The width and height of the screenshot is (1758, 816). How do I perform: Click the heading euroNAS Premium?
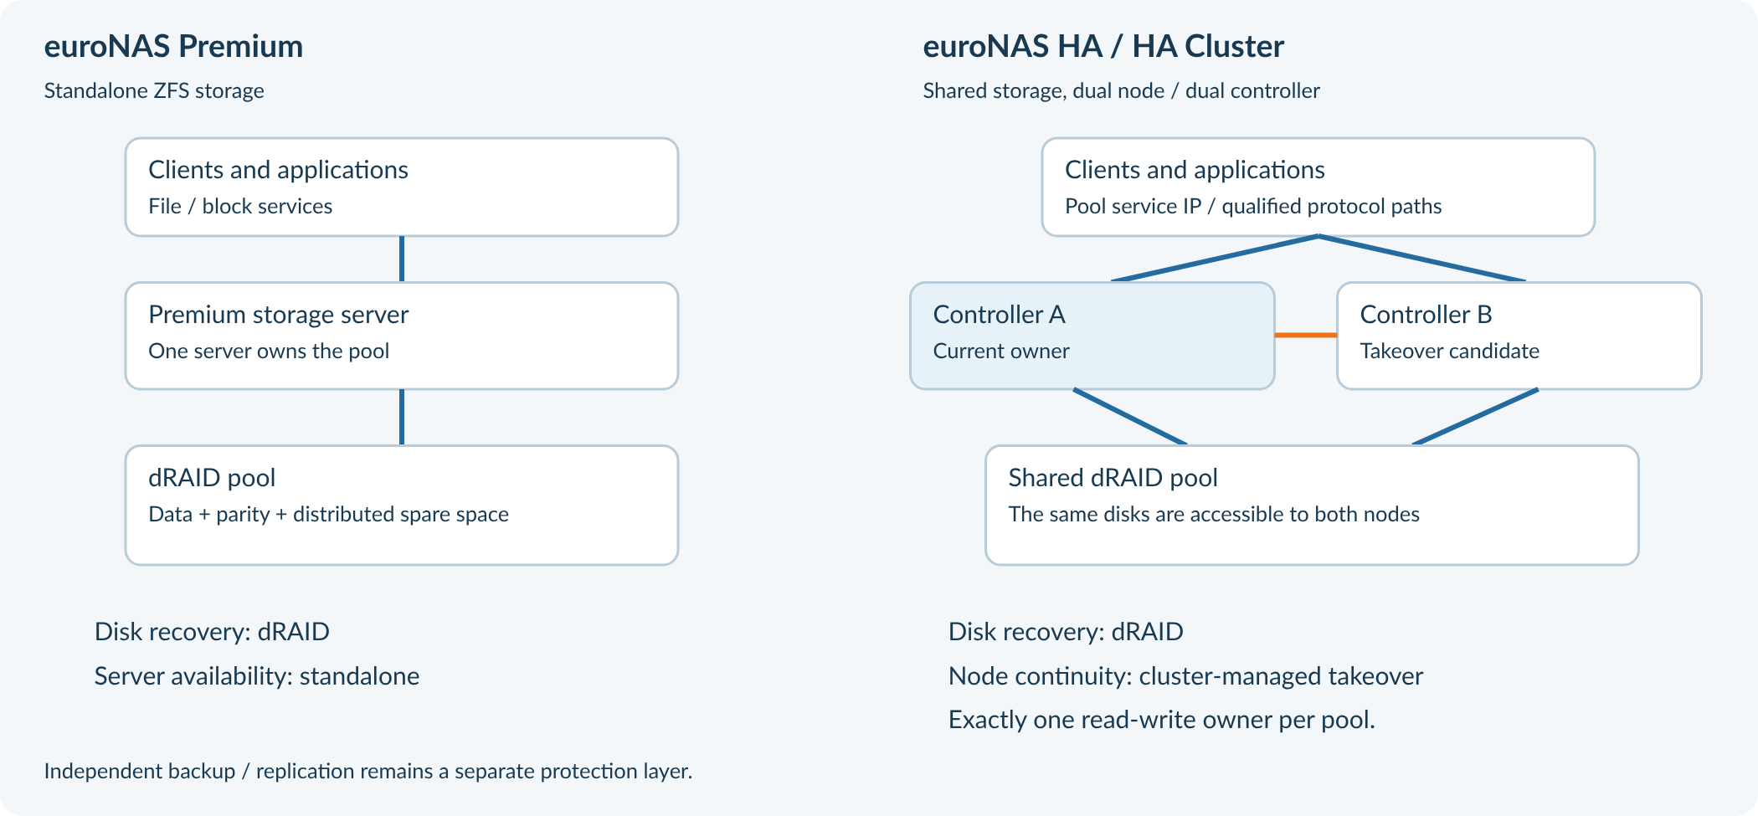173,47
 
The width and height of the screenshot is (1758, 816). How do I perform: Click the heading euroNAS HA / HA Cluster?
1103,47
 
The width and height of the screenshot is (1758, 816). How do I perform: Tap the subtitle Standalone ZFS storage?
154,90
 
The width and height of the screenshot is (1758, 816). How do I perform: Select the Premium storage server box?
402,336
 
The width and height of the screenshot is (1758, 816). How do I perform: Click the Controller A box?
1092,336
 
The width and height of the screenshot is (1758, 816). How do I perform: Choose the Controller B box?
1519,336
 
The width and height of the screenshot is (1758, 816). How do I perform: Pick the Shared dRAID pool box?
1312,506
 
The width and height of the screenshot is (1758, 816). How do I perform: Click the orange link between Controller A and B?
1306,335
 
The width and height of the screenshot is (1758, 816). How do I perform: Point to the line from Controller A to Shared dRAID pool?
1130,417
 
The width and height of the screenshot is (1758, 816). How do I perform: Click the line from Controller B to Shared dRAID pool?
1476,417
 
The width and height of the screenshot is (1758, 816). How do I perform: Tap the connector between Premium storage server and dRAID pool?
402,418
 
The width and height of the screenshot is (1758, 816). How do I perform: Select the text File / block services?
240,207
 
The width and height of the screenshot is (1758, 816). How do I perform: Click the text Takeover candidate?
1450,351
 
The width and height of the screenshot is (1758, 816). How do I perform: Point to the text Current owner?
1001,351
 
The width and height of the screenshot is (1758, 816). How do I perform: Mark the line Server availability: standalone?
257,676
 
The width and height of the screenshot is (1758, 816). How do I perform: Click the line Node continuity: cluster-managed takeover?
1185,676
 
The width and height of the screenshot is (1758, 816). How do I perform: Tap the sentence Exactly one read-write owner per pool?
1162,720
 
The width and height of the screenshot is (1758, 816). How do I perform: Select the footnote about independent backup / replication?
368,771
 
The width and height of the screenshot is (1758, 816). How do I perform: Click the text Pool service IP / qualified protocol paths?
1253,207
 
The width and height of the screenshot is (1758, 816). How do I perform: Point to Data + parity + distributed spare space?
329,515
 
